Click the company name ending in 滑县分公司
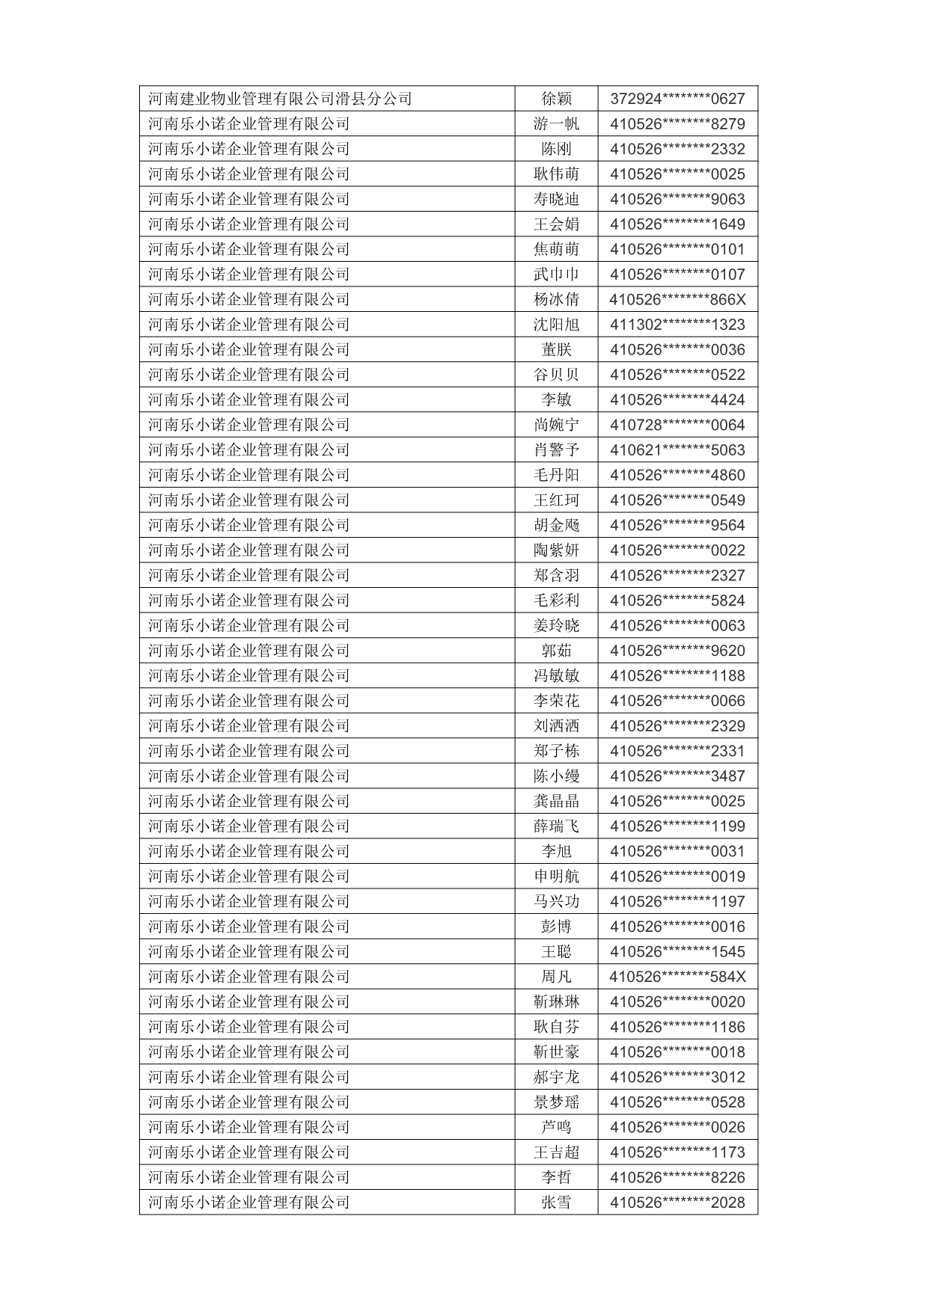[280, 99]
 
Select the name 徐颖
[556, 99]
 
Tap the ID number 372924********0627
[677, 99]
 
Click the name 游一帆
[556, 124]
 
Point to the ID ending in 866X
[677, 300]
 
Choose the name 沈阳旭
[556, 325]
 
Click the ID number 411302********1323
[677, 325]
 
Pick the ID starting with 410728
[677, 425]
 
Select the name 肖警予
[556, 450]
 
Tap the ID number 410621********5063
[677, 450]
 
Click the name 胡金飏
[556, 525]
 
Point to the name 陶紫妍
[556, 550]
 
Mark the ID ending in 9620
[677, 651]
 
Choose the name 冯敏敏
[556, 676]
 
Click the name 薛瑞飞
[556, 826]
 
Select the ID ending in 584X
[677, 977]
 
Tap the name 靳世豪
[556, 1052]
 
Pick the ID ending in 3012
[677, 1077]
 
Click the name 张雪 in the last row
[556, 1203]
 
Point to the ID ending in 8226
[677, 1177]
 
